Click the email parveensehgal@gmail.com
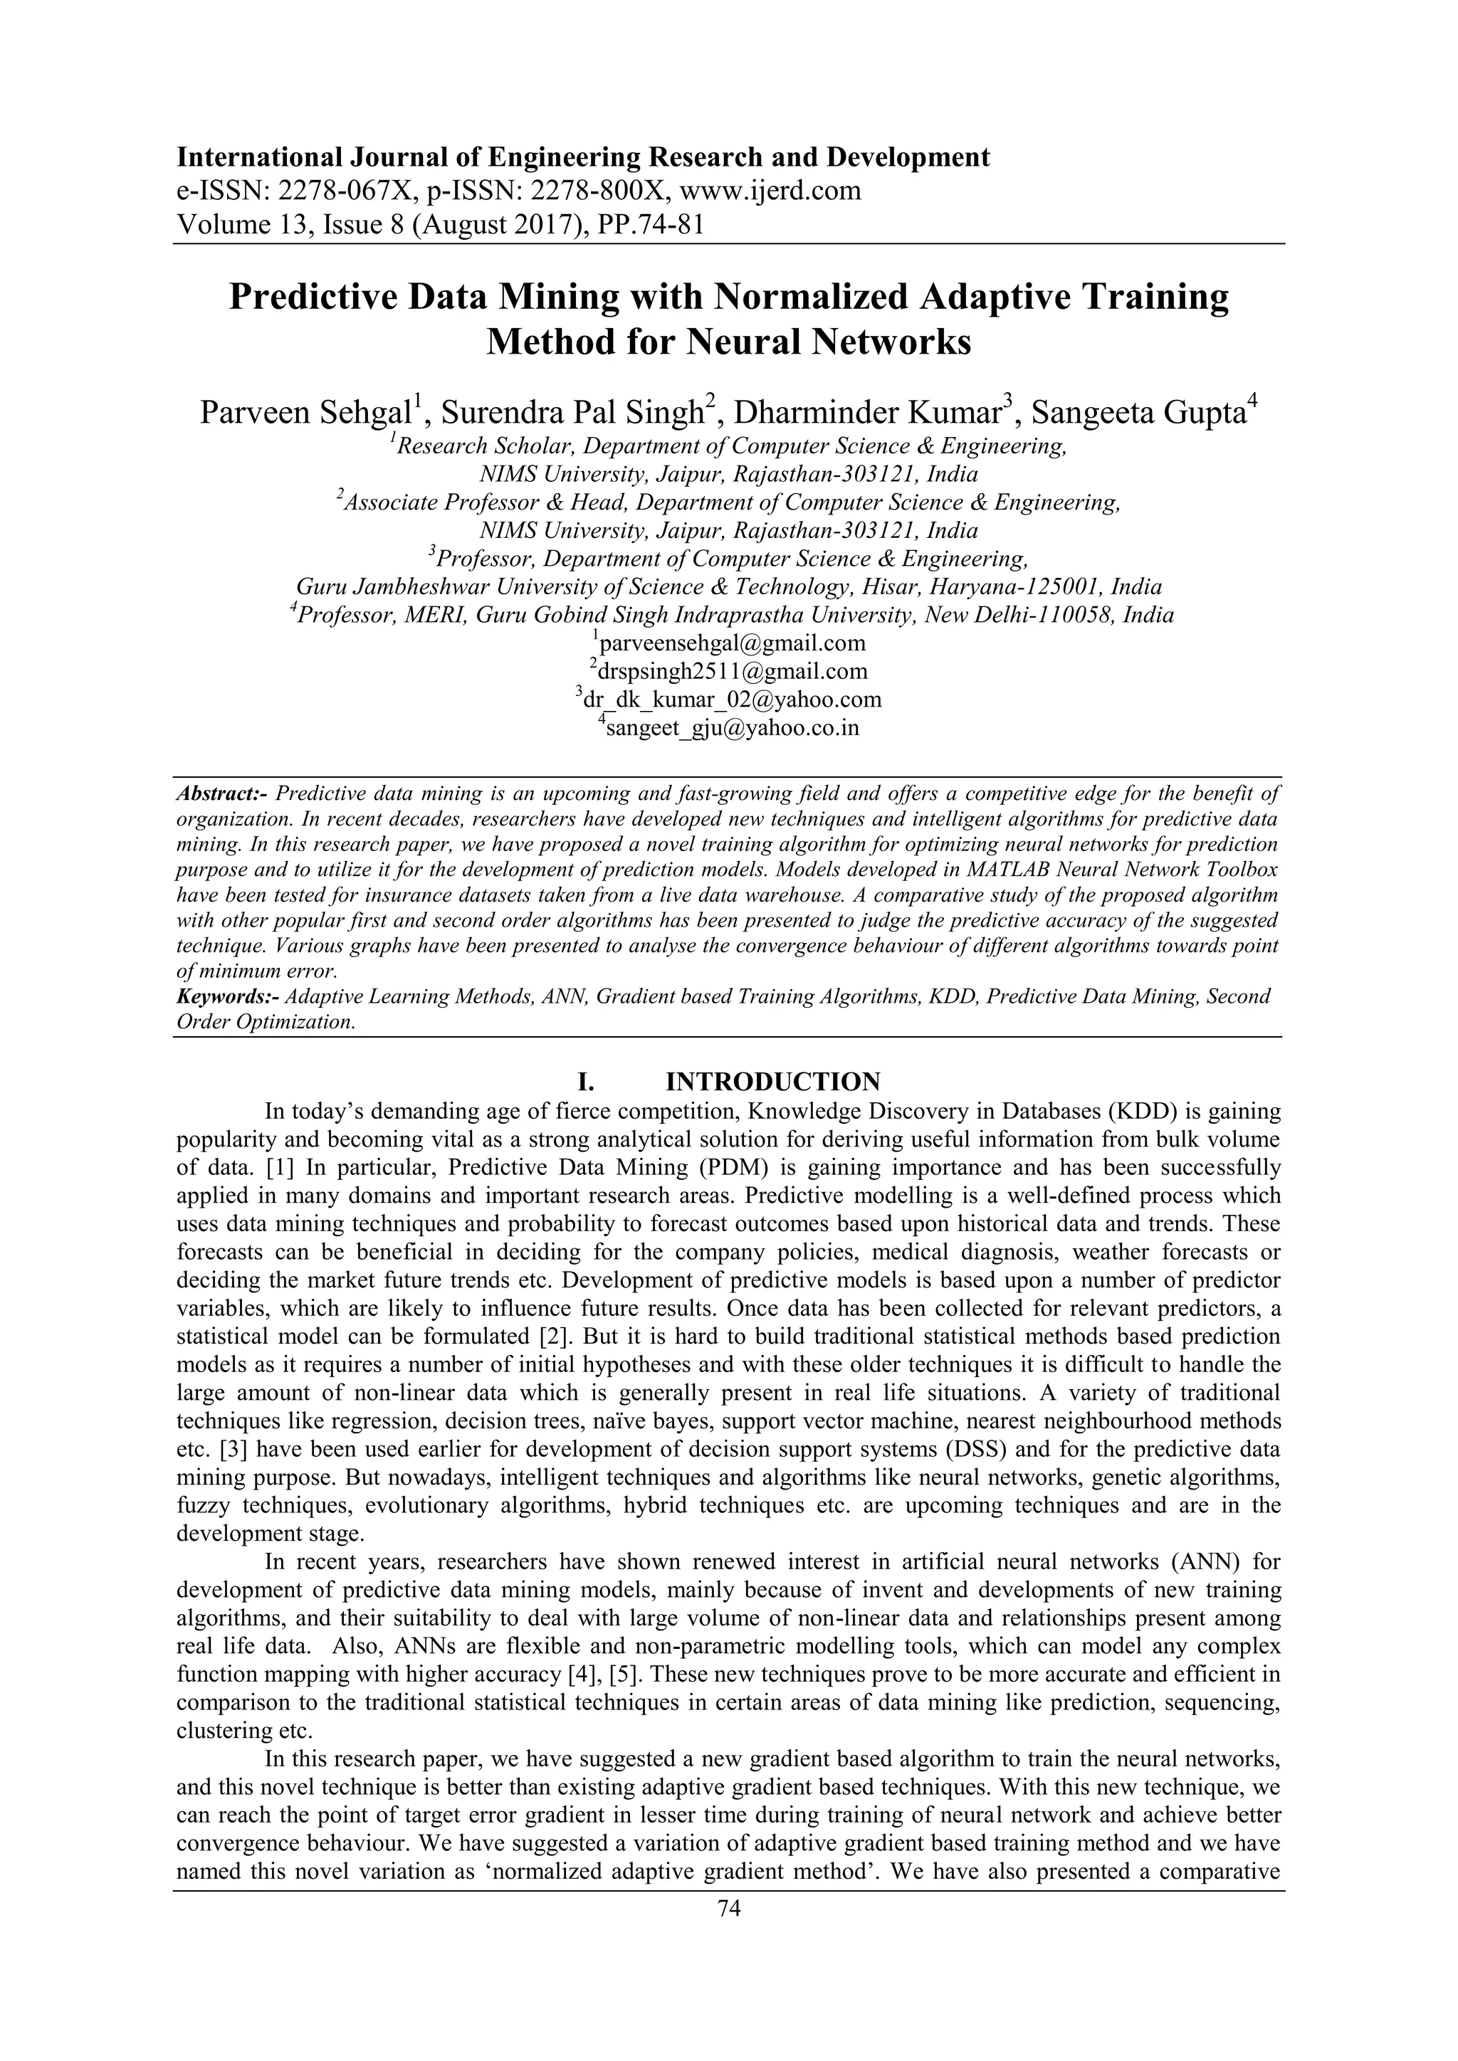pyautogui.click(x=732, y=643)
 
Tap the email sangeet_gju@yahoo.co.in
pyautogui.click(x=732, y=727)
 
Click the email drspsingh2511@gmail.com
pyautogui.click(x=732, y=670)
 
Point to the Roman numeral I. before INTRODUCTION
pyautogui.click(x=584, y=1081)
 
